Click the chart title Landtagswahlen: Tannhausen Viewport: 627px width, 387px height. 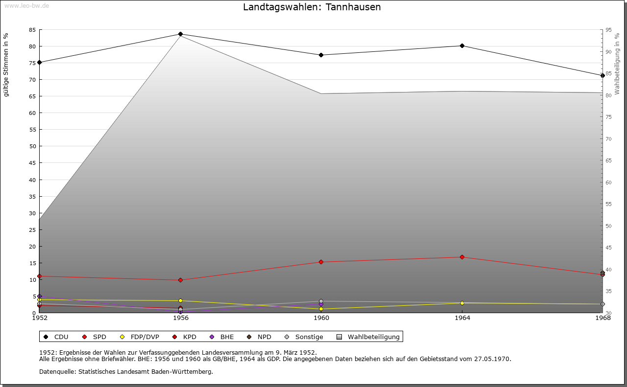(312, 7)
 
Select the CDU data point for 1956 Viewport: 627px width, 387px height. (180, 34)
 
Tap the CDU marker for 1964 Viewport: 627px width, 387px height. (462, 46)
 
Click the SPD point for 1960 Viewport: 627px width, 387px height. (321, 262)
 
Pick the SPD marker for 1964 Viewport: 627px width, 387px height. (462, 257)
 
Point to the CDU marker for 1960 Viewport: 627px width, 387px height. (321, 55)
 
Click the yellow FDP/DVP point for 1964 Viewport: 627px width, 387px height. (462, 303)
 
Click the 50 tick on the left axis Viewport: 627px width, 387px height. (32, 146)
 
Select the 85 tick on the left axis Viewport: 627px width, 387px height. (32, 30)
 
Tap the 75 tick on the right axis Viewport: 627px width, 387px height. (608, 117)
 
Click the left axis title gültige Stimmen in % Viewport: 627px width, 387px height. (6, 65)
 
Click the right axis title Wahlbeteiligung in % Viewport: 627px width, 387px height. (617, 64)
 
